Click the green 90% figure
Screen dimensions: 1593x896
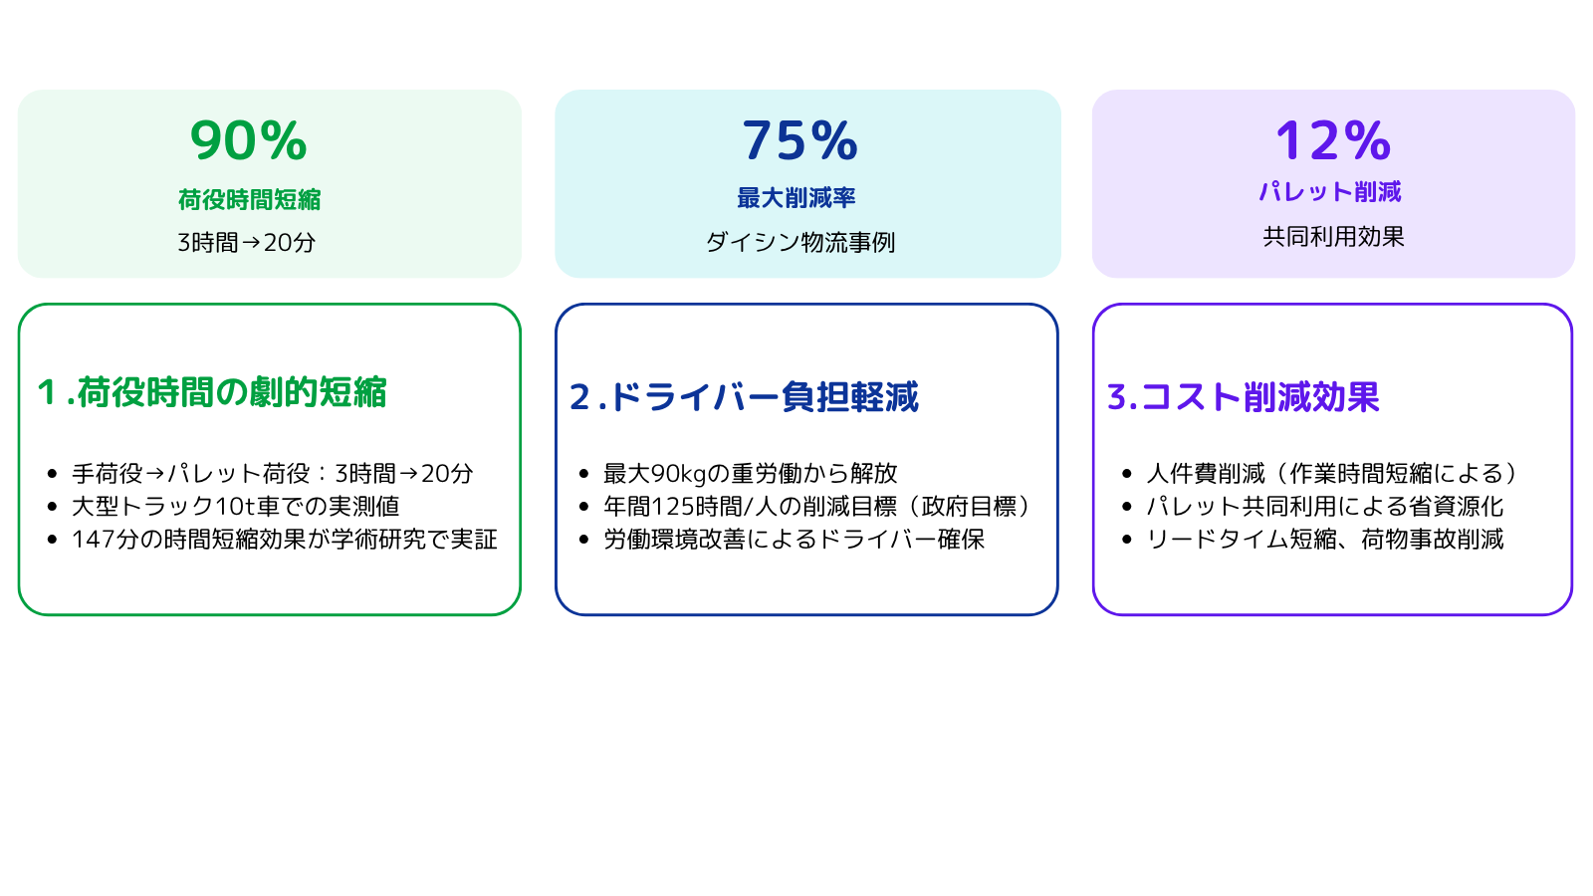tap(248, 140)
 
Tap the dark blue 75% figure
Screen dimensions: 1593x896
tap(800, 140)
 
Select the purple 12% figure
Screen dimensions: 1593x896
tap(1333, 140)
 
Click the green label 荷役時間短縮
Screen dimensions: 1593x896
tap(250, 200)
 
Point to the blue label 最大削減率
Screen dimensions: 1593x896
tap(796, 198)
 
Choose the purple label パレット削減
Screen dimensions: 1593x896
tap(1330, 191)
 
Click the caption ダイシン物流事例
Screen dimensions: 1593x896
tap(800, 243)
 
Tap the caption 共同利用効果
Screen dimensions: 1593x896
tap(1333, 236)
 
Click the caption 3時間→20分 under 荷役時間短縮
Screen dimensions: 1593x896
tap(247, 243)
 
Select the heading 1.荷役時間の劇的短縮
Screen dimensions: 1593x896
tap(212, 392)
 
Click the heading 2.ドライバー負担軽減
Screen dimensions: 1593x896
tap(744, 397)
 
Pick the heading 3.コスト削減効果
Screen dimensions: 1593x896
tap(1244, 397)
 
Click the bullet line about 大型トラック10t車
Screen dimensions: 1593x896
tap(235, 507)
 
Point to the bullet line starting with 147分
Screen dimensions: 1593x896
tap(285, 539)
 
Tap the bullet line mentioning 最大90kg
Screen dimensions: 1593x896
tap(751, 473)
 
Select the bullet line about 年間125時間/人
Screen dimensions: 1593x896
tap(817, 507)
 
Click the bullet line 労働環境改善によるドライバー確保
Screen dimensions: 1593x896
tap(795, 539)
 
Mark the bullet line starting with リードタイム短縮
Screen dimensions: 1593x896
tap(1325, 539)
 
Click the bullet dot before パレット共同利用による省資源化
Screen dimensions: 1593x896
tap(1126, 507)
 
